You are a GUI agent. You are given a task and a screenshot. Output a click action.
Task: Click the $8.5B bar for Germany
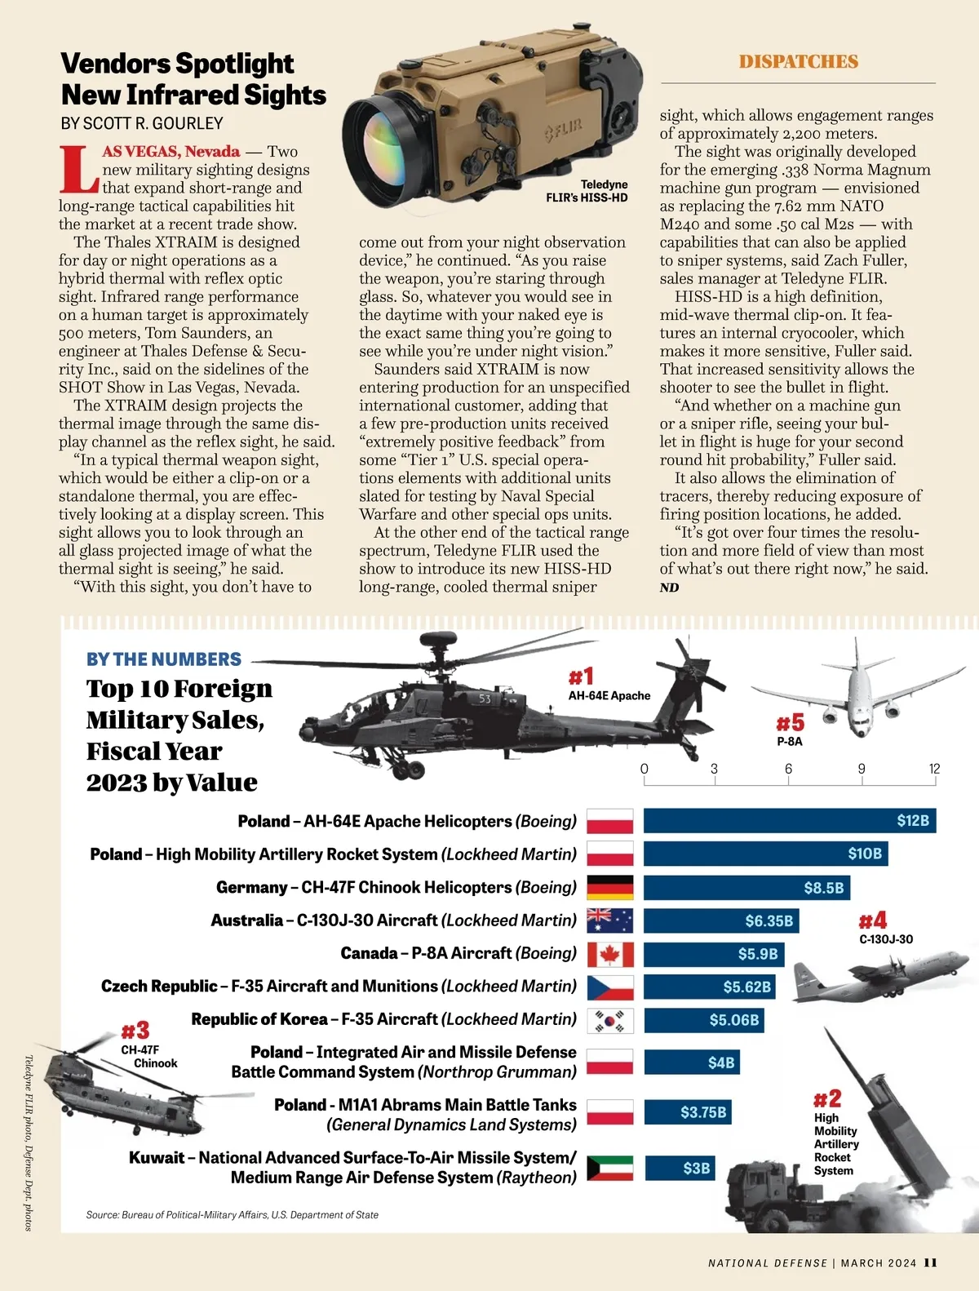coord(746,887)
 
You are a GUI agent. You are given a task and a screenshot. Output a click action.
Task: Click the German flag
coord(610,887)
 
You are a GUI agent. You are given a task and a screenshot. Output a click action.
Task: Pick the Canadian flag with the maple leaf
coord(610,954)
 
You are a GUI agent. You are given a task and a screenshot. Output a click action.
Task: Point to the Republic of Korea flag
coord(610,1020)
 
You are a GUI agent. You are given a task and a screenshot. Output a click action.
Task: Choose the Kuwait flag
coord(610,1168)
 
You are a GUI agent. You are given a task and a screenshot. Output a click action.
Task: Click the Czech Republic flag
coord(610,987)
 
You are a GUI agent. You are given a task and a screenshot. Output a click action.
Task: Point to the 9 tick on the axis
coord(862,769)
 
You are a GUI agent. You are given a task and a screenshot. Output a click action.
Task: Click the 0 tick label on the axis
coord(645,769)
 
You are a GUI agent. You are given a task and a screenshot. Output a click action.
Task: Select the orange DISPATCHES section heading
coord(798,62)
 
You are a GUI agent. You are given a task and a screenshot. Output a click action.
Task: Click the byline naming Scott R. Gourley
coord(142,123)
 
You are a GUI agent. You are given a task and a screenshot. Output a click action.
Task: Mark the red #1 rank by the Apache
coord(581,677)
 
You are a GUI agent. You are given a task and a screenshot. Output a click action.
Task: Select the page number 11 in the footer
coord(930,1262)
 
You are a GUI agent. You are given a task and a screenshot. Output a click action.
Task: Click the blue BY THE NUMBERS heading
coord(164,659)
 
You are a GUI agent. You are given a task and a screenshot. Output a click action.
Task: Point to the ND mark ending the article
coord(669,588)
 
